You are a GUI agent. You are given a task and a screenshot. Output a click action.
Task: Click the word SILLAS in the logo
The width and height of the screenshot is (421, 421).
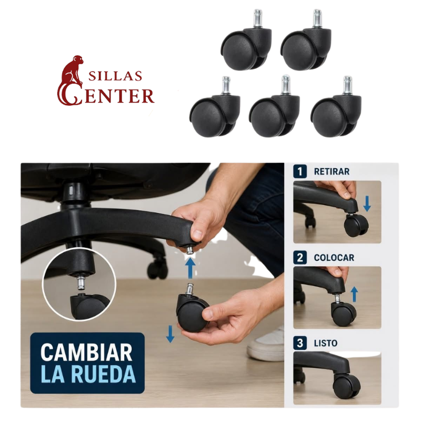115,76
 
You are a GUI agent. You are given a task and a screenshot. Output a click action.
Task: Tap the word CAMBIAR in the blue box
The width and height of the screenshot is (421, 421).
86,352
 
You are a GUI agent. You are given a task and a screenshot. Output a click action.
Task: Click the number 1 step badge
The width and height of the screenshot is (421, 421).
300,172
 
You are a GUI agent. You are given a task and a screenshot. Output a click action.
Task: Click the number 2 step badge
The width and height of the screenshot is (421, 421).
300,257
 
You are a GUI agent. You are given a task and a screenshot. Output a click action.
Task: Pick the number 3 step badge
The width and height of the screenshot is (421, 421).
300,343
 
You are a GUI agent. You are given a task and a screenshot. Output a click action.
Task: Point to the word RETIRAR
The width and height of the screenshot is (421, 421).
332,172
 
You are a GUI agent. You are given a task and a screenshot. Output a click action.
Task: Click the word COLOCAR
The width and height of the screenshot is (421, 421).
334,258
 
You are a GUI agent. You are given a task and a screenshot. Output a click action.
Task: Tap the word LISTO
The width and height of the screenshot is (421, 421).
326,343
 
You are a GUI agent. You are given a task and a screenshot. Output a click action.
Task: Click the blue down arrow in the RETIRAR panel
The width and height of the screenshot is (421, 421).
367,204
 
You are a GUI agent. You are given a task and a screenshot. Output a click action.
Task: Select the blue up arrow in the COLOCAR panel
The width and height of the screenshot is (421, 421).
355,294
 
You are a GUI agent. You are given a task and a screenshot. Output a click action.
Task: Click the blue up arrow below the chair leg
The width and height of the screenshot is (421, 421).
191,268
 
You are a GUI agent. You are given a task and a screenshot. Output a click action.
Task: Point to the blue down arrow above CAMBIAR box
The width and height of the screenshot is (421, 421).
170,334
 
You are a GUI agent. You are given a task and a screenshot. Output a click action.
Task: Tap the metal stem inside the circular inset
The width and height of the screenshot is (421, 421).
81,282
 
